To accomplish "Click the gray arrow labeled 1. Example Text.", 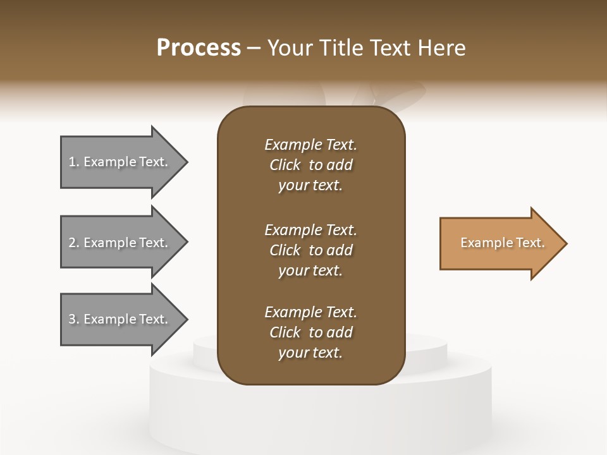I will tap(118, 162).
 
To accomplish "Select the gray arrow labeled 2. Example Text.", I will tap(118, 243).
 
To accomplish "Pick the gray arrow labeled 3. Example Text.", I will tap(118, 319).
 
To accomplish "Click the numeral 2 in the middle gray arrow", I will tap(72, 243).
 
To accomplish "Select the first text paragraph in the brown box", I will tap(310, 165).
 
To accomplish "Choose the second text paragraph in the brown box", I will tap(310, 250).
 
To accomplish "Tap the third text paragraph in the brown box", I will tap(310, 332).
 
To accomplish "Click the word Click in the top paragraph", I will tap(285, 165).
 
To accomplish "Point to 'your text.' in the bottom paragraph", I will tap(310, 353).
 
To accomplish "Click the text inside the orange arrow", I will tap(502, 243).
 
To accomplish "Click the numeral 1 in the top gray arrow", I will tap(72, 162).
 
